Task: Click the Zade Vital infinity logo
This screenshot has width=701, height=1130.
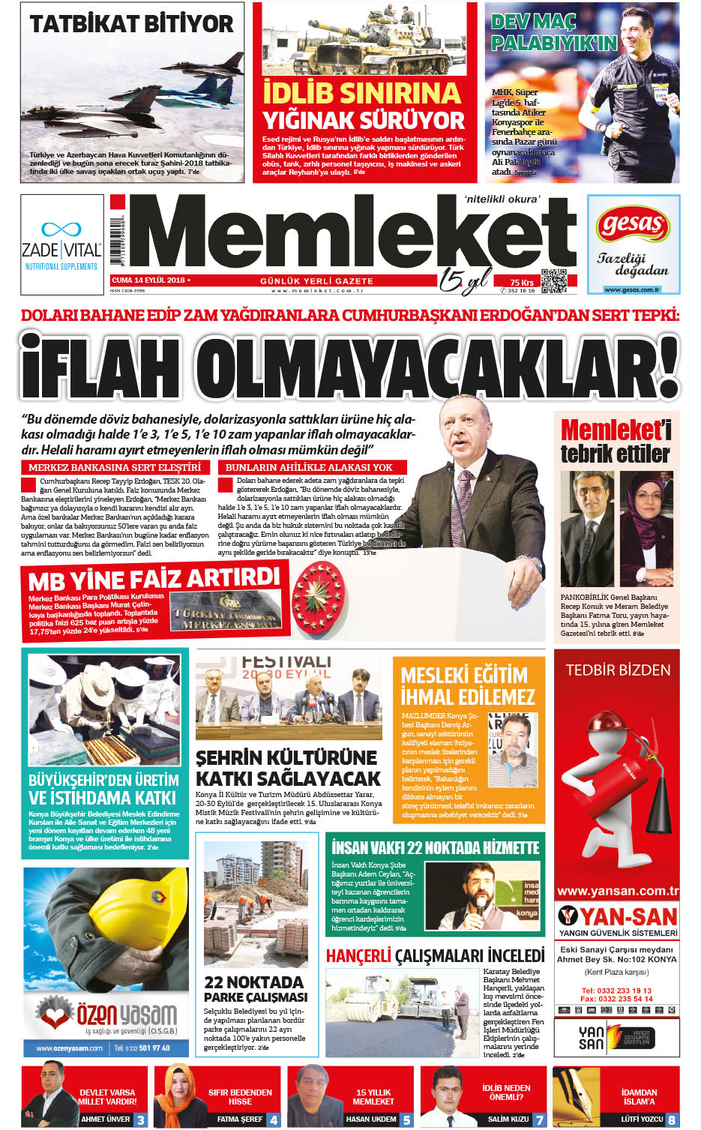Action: tap(61, 229)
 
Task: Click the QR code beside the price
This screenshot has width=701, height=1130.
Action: tap(553, 280)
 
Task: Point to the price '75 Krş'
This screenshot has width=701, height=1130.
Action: tap(522, 282)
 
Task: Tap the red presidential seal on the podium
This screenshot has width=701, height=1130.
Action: tap(319, 596)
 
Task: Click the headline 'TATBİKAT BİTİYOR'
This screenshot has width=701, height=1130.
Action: tap(132, 23)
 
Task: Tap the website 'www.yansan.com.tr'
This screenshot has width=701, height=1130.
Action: tap(618, 892)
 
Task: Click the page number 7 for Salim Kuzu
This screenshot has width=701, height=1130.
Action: tap(539, 1120)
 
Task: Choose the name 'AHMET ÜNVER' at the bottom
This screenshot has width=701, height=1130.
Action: tap(106, 1119)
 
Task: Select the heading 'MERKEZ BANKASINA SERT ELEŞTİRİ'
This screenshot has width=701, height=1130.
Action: tap(115, 467)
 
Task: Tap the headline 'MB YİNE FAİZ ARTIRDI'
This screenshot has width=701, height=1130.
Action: tap(154, 580)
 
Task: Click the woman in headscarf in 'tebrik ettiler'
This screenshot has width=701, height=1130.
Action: tap(646, 529)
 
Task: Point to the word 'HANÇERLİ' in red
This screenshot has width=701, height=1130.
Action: tap(358, 956)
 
